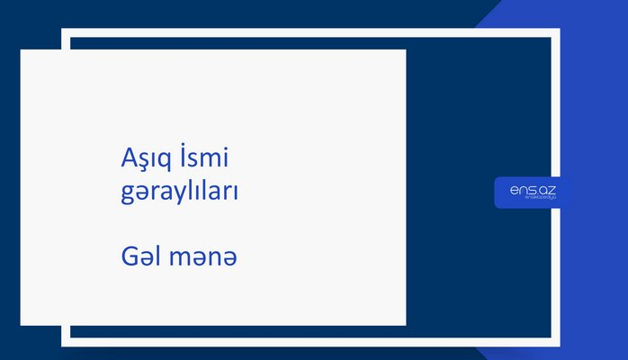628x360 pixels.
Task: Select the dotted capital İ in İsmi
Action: [x=184, y=157]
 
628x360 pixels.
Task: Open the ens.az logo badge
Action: [x=533, y=192]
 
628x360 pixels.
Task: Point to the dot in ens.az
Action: [x=537, y=192]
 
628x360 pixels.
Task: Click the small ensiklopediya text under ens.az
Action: [x=533, y=200]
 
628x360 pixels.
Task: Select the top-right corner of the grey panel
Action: [x=405, y=50]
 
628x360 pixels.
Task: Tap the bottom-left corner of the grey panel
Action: [x=22, y=324]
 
